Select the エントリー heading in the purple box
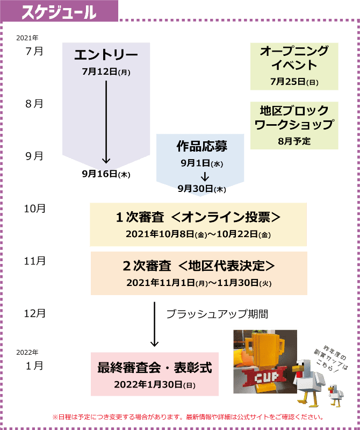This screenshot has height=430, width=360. tap(106, 55)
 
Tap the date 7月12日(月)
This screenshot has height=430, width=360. tap(106, 71)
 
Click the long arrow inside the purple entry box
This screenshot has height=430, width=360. tap(106, 121)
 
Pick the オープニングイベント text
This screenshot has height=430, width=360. tap(294, 58)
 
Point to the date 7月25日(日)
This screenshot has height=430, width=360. tap(294, 82)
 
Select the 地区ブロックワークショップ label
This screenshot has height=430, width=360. tap(294, 118)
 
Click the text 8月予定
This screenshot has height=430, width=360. tap(294, 141)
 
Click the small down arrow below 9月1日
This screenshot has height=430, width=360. tap(205, 177)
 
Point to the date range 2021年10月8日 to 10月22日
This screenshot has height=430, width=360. tap(198, 234)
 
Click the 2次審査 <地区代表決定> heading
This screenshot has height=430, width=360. tap(199, 266)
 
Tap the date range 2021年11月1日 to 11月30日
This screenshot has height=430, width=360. tap(199, 282)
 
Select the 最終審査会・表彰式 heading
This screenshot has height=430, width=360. tap(154, 368)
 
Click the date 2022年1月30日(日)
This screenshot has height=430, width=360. tap(154, 385)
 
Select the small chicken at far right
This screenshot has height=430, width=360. tap(336, 395)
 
